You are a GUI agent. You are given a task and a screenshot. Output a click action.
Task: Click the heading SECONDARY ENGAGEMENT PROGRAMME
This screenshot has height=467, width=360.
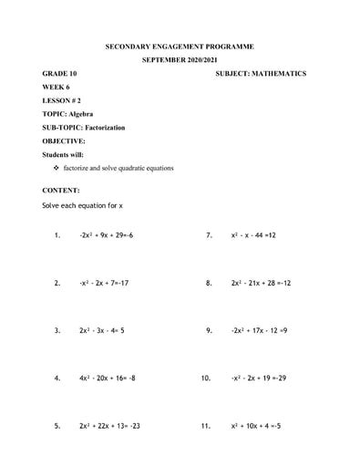click(x=180, y=46)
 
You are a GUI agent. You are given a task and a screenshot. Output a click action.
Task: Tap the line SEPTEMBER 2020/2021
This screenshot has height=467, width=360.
click(x=180, y=59)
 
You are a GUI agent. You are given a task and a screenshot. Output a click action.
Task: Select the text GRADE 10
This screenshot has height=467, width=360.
click(x=61, y=73)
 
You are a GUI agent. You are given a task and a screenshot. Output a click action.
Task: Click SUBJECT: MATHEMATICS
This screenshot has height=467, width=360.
click(x=261, y=73)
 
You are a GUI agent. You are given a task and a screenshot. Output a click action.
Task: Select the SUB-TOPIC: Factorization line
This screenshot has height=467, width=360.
click(x=84, y=128)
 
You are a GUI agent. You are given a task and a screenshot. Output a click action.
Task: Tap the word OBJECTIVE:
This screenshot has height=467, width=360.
click(x=64, y=141)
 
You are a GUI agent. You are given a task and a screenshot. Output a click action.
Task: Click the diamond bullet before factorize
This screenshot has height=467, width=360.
click(x=57, y=169)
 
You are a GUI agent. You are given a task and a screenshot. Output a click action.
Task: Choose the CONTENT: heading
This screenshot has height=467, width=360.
click(x=61, y=191)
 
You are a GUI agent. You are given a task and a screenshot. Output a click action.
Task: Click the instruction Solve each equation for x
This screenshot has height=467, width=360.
click(x=83, y=206)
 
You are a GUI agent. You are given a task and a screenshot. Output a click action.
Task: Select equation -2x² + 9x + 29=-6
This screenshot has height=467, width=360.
click(x=107, y=235)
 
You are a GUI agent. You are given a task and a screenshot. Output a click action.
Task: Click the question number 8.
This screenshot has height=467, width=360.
click(x=209, y=283)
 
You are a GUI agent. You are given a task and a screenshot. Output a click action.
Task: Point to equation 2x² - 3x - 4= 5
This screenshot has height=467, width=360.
click(x=102, y=330)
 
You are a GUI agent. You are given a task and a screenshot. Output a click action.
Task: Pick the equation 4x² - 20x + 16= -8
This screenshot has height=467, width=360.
click(x=108, y=378)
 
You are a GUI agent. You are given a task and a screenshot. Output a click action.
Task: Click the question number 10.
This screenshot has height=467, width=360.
click(x=207, y=378)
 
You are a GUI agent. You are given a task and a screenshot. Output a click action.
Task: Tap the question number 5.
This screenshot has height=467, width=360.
click(x=57, y=425)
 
